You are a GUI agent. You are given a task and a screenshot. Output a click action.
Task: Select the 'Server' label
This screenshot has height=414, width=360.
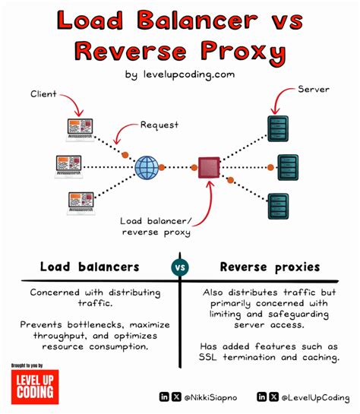pos(314,90)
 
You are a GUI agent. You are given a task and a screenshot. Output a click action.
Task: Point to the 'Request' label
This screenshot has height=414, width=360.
pos(159,124)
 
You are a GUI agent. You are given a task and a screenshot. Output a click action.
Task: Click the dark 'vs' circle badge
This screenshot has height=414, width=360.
pos(180,268)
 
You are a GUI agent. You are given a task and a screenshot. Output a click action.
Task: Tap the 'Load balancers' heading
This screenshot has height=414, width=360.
pos(90,267)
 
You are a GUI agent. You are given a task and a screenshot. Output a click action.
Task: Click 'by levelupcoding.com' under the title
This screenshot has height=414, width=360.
pos(180,74)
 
